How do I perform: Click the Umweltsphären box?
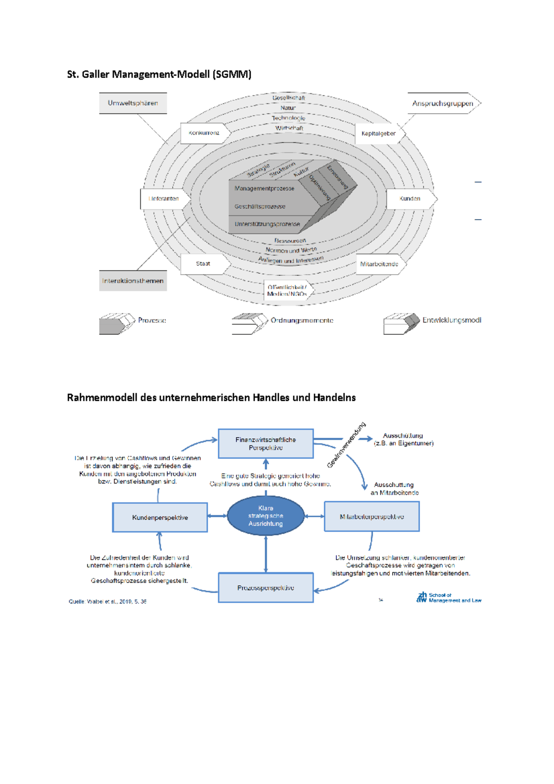click(x=133, y=103)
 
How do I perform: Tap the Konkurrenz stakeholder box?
click(x=204, y=133)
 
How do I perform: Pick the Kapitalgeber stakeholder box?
click(x=379, y=133)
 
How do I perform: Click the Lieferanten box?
click(x=164, y=199)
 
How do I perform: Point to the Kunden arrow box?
click(x=410, y=199)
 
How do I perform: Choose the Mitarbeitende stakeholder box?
click(x=379, y=264)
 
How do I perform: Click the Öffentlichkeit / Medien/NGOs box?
click(x=287, y=290)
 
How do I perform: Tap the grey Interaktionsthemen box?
click(x=133, y=281)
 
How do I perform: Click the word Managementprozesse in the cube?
click(x=264, y=188)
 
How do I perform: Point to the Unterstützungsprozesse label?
click(x=267, y=224)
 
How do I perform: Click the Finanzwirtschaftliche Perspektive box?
click(x=266, y=444)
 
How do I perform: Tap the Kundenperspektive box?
click(x=160, y=518)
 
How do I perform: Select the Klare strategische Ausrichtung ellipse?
click(x=266, y=516)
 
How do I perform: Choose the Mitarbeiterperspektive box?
click(x=372, y=517)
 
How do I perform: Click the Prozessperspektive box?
click(x=266, y=588)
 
